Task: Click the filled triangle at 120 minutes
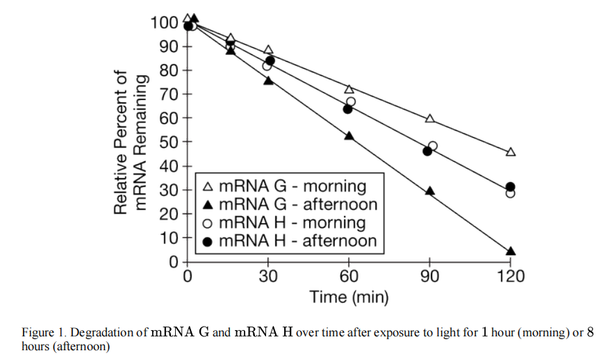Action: point(511,252)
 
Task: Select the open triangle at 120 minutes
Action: point(511,152)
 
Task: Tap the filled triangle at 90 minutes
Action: point(429,191)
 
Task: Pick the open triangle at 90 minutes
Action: point(429,119)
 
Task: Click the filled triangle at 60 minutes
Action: point(349,136)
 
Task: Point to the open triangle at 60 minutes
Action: point(349,89)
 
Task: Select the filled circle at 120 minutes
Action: point(511,187)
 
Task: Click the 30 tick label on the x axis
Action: point(268,277)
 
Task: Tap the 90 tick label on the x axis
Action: point(429,277)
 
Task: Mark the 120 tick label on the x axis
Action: point(511,277)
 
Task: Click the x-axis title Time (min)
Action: point(349,297)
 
